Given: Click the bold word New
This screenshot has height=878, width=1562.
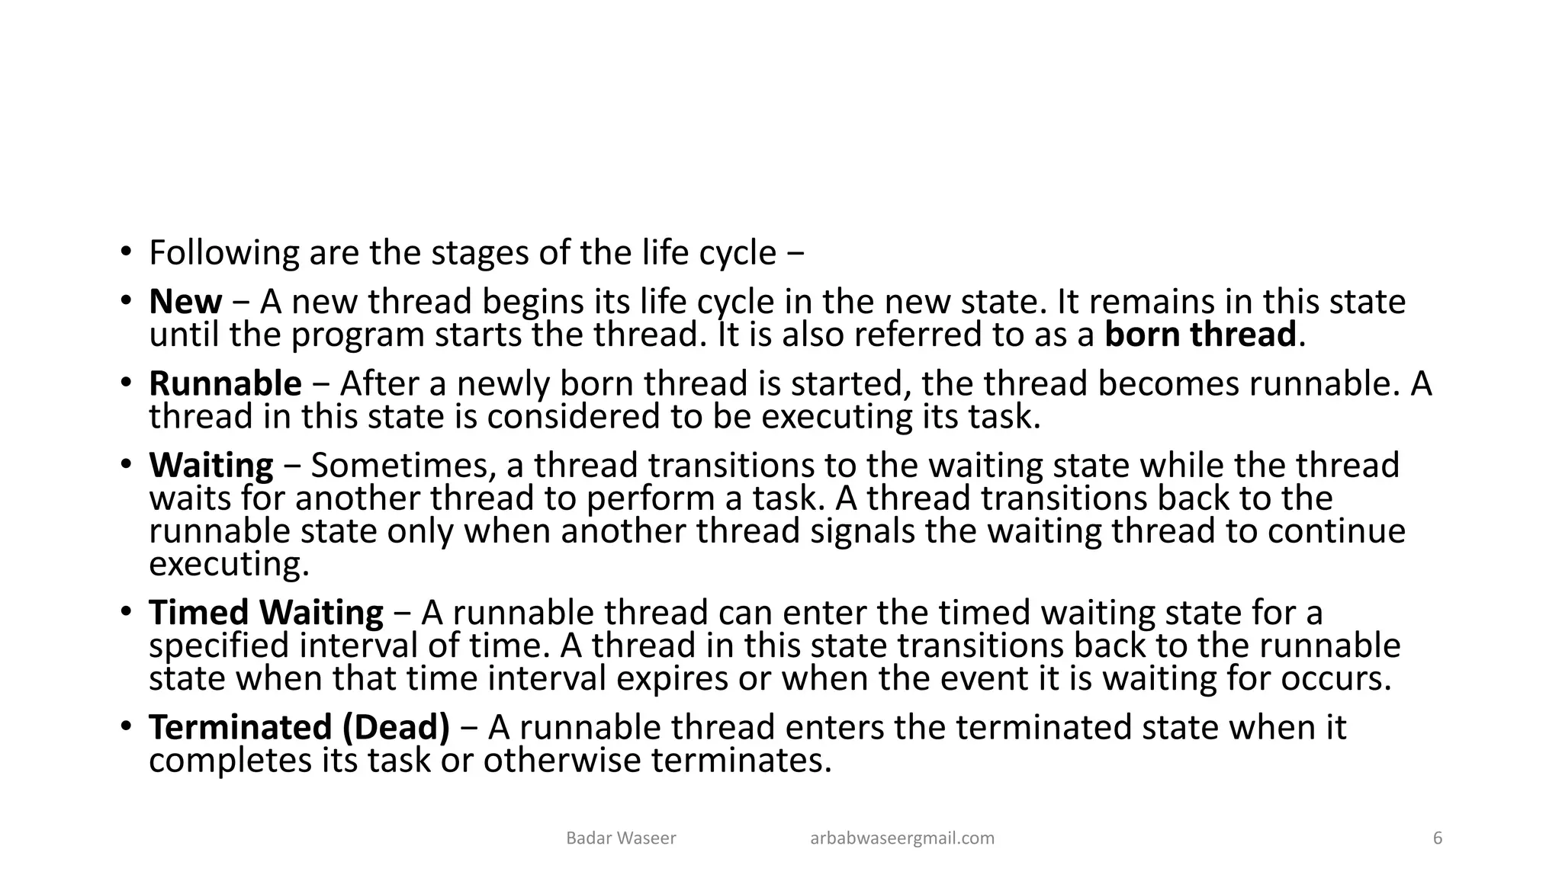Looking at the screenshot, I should coord(185,302).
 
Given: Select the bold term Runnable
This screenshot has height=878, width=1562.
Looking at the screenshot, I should coord(225,383).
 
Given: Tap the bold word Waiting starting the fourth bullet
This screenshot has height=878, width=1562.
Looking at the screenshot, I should coord(211,465).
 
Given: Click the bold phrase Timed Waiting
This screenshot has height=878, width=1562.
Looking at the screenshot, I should coord(266,613).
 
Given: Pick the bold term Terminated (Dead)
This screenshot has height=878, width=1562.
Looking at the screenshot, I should coord(300,727).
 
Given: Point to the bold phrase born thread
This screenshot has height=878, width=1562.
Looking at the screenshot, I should coord(1200,335).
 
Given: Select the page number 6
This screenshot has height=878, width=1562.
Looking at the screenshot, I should coord(1438,838).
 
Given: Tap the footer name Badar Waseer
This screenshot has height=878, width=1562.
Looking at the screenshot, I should coord(621,838).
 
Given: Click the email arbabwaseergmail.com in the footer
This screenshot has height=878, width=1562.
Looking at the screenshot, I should coord(902,838).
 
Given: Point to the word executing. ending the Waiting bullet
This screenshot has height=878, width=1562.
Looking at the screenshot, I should coord(229,565).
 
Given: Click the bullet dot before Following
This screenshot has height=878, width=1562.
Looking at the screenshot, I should coord(125,252).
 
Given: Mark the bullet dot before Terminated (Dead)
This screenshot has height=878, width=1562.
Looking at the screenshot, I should coord(125,727).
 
